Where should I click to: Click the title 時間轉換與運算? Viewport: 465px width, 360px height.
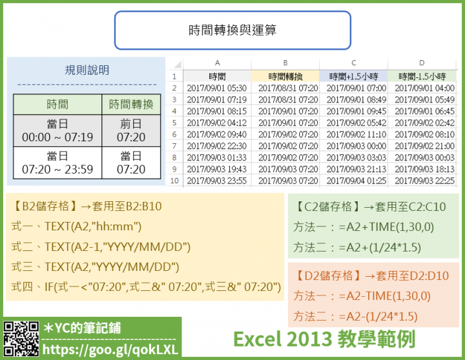pos(232,30)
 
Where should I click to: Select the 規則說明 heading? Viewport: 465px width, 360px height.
pos(87,70)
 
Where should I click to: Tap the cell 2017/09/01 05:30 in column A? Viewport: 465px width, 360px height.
pos(217,88)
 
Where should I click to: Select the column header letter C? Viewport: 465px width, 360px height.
pos(353,63)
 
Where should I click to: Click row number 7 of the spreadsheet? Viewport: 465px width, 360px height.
pos(174,146)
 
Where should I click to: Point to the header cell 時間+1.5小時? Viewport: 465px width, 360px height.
pos(353,76)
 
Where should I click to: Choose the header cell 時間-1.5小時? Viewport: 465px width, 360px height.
pos(422,76)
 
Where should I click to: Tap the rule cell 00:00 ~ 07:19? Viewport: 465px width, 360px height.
pos(57,131)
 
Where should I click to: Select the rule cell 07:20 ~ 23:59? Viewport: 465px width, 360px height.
pos(57,163)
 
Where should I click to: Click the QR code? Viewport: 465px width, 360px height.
pos(21,339)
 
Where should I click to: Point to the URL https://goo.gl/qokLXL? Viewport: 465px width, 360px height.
pos(110,350)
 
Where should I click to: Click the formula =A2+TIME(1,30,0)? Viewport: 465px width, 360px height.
pos(386,227)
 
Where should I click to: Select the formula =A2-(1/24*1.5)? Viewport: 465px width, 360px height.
pos(378,316)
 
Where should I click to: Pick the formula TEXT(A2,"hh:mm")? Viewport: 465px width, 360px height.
pos(93,226)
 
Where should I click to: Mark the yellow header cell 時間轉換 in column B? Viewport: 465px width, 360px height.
pos(285,76)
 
